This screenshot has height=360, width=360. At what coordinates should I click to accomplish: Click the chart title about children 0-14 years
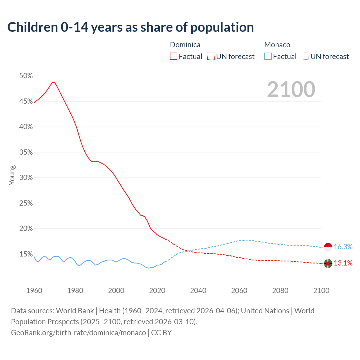tap(130, 27)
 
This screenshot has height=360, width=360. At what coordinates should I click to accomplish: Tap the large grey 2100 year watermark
tap(291, 89)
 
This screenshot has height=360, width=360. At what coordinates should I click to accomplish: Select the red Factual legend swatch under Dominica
tap(174, 57)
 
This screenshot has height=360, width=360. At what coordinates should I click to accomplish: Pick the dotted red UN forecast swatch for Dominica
tap(211, 57)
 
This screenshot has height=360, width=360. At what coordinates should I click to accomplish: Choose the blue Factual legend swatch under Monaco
tap(268, 57)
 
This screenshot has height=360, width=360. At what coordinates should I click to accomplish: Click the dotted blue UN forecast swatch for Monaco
tap(305, 57)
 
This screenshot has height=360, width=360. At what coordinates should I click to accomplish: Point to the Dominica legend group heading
tap(185, 45)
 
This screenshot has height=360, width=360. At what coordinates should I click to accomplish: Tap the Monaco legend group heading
tap(277, 45)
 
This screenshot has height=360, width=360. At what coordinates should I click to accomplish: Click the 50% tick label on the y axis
tap(26, 76)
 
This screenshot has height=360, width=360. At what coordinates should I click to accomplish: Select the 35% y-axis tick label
tap(26, 152)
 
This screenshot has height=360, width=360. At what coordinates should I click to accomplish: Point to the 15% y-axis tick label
tap(26, 254)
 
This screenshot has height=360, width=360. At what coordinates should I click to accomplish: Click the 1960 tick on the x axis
tap(34, 291)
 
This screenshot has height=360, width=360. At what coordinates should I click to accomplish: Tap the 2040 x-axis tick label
tap(198, 291)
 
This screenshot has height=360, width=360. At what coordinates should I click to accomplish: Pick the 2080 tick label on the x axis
tap(280, 291)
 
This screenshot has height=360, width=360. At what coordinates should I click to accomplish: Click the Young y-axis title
tap(12, 175)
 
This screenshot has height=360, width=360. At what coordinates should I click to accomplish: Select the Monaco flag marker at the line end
tap(328, 247)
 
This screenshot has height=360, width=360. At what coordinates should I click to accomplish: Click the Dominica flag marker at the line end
tap(328, 264)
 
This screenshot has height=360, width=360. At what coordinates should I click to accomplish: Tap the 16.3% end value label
tap(343, 247)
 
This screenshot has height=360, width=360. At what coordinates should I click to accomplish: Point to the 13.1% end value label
tap(343, 263)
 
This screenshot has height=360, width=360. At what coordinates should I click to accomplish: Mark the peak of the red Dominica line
tap(53, 82)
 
